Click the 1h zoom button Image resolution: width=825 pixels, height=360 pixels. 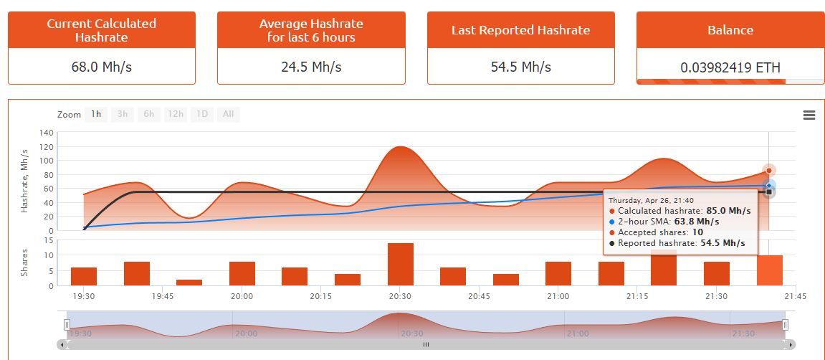96,114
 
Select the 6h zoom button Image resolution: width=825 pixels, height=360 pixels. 148,114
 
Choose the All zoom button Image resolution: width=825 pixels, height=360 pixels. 228,114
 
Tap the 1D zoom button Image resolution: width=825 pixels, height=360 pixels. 202,114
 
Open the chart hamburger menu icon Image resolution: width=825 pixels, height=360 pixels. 809,115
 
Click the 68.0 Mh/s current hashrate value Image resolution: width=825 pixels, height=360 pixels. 101,67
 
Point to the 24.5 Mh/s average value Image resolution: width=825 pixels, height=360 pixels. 311,67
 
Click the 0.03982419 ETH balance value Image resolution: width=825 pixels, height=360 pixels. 730,68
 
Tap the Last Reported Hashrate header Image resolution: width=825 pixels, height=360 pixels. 520,30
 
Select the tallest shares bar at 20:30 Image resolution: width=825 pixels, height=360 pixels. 400,265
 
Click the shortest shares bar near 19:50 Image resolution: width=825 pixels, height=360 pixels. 189,283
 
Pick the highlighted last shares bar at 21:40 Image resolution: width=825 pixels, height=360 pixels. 769,270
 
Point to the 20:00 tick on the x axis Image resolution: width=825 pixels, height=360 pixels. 242,295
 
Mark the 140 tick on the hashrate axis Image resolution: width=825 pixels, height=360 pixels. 47,133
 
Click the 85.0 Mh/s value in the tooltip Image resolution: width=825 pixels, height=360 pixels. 728,211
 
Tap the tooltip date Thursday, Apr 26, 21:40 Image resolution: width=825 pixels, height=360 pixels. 651,200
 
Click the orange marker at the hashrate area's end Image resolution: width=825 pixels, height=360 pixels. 769,171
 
